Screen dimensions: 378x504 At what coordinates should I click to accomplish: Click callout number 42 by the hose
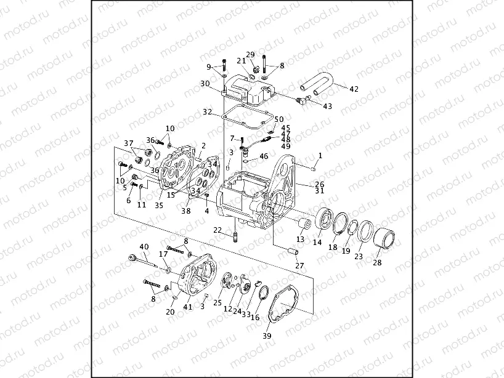pyautogui.click(x=353, y=89)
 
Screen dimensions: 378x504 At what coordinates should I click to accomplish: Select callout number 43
pyautogui.click(x=327, y=107)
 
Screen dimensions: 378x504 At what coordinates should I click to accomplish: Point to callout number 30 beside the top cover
pyautogui.click(x=205, y=84)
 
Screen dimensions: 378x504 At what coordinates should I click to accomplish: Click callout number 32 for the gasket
pyautogui.click(x=208, y=112)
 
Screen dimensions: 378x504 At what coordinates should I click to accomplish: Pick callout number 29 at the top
pyautogui.click(x=250, y=55)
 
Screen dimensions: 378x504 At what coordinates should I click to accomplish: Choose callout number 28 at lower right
pyautogui.click(x=377, y=262)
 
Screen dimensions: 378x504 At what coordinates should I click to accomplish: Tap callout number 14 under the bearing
pyautogui.click(x=317, y=243)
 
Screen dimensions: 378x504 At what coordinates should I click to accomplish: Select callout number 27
pyautogui.click(x=299, y=266)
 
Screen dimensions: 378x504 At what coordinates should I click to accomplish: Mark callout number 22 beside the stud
pyautogui.click(x=217, y=230)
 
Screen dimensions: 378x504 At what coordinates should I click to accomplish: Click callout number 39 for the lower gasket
pyautogui.click(x=266, y=336)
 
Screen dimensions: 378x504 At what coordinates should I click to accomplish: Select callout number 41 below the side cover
pyautogui.click(x=187, y=307)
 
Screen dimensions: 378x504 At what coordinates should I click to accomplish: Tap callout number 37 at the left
pyautogui.click(x=128, y=144)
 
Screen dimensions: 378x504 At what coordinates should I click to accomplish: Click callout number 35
pyautogui.click(x=158, y=206)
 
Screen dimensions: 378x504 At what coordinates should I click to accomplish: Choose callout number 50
pyautogui.click(x=279, y=119)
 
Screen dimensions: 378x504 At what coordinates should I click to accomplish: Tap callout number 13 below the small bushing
pyautogui.click(x=300, y=239)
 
